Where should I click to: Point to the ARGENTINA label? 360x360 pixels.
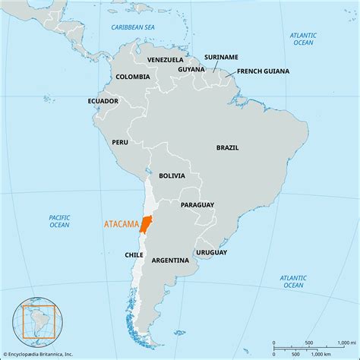tap(170, 260)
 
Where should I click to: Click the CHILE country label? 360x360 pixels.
tap(134, 255)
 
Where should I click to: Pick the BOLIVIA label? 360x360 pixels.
tap(172, 175)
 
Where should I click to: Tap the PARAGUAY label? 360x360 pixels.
tap(197, 205)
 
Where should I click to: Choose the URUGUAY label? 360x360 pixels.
tap(211, 252)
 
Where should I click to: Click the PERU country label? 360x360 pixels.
tap(120, 141)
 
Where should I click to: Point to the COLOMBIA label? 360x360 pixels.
tap(132, 77)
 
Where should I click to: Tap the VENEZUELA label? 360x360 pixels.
tap(166, 59)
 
